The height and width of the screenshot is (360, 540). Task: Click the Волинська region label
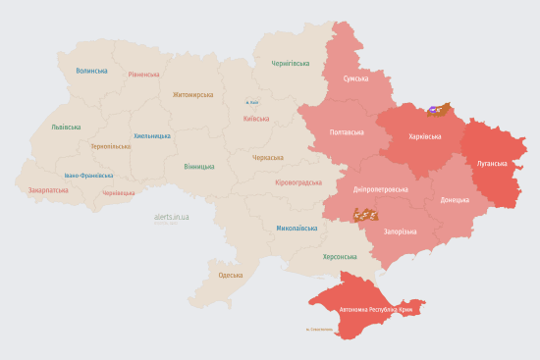91,71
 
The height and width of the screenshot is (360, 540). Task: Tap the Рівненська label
143,74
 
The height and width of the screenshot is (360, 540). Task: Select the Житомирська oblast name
192,95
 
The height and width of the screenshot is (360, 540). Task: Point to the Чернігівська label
291,63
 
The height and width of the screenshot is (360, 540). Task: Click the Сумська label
355,78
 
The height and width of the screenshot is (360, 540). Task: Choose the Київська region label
255,120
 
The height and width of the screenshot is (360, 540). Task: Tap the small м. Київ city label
252,102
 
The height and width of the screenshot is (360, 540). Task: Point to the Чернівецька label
119,193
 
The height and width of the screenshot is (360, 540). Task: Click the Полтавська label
350,131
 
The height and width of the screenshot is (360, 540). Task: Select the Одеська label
230,276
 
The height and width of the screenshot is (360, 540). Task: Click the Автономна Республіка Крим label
378,309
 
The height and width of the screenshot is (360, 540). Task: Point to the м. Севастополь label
322,330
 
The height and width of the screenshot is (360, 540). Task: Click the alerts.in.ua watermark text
172,215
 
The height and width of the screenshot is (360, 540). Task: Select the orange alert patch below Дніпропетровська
366,213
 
